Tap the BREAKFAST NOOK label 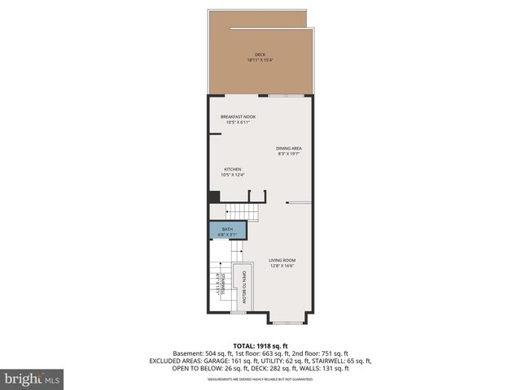[x=238, y=117]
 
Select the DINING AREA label [x=289, y=148]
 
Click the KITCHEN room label [x=233, y=169]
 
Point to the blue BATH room [x=227, y=231]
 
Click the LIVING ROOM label [x=282, y=260]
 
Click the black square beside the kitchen [x=214, y=196]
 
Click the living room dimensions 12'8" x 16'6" [x=282, y=266]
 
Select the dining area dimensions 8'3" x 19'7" [x=289, y=154]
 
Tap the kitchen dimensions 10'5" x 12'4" [x=233, y=175]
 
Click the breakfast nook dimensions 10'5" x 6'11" [x=238, y=123]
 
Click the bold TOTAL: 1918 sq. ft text [x=260, y=344]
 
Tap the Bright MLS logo [x=33, y=379]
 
